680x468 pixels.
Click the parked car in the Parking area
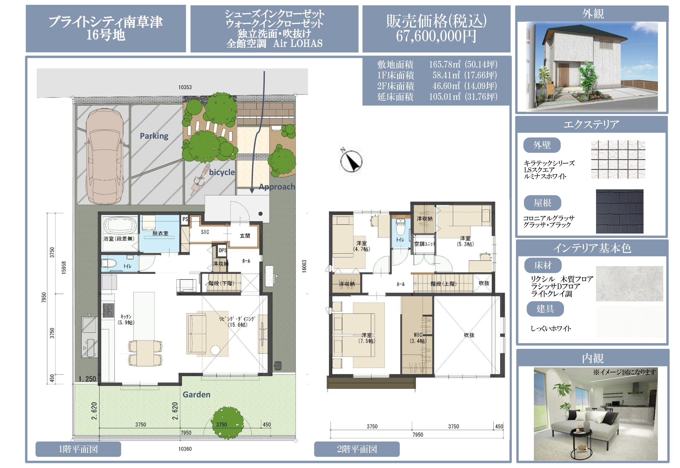104,156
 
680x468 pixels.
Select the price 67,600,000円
436,36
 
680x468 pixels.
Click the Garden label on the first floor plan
196,395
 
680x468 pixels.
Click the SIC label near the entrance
205,232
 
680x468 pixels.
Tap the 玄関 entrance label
245,236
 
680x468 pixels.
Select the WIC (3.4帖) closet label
418,338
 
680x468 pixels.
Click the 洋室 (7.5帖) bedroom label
367,338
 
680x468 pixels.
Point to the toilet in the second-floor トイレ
400,227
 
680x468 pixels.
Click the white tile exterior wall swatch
618,159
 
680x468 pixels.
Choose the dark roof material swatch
619,211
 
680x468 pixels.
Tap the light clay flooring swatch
629,283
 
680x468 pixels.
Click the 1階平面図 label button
78,449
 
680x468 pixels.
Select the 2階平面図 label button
357,449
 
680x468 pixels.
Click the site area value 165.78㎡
445,64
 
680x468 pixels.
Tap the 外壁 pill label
542,145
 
